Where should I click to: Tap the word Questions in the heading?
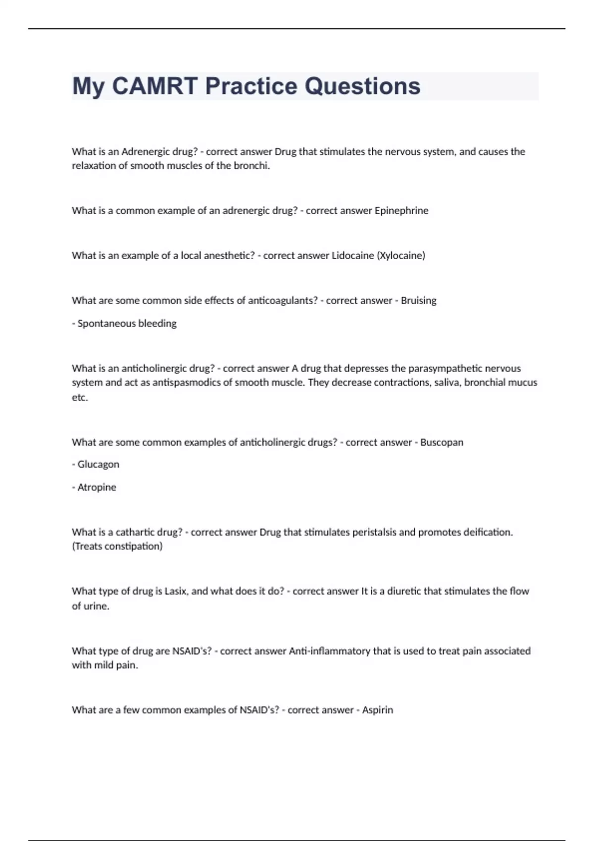point(362,86)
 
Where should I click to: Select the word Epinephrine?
point(401,211)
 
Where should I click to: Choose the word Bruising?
point(418,301)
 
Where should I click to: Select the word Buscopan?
point(442,442)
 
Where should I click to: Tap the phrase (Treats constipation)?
point(117,547)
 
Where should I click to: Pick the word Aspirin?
point(377,710)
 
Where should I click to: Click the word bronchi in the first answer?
point(251,166)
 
